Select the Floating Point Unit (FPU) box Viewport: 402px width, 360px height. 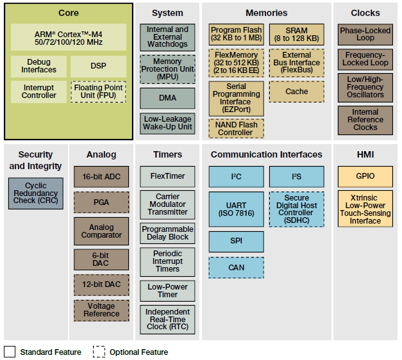(x=99, y=92)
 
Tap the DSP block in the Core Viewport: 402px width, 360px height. (x=99, y=66)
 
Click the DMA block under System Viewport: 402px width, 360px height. (x=167, y=98)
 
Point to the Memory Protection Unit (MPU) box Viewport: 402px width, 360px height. (x=167, y=69)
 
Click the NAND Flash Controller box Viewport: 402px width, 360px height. (x=235, y=128)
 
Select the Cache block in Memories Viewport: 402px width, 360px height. (x=297, y=92)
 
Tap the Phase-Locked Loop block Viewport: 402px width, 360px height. (x=365, y=35)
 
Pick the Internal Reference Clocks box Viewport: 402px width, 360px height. (x=365, y=120)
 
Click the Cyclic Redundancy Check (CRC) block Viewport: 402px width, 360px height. (x=36, y=193)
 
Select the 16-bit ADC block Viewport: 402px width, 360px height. (x=101, y=177)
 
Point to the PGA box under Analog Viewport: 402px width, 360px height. (x=101, y=202)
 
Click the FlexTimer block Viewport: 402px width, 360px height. (x=167, y=177)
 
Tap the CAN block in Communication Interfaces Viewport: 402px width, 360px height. (x=235, y=268)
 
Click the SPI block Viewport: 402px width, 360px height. (x=235, y=241)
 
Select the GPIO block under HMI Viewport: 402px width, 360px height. (x=365, y=177)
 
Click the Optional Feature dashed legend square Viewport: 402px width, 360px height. (x=99, y=352)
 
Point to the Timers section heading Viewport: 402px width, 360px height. (x=167, y=154)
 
